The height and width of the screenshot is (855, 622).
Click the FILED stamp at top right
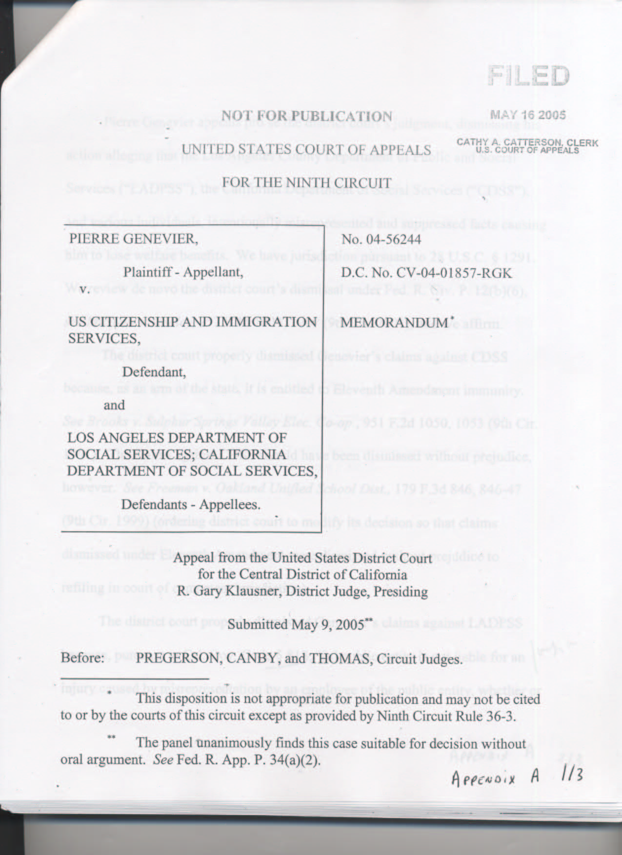point(528,77)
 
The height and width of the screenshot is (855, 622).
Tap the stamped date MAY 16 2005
point(528,115)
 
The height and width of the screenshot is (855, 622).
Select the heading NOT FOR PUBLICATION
point(307,117)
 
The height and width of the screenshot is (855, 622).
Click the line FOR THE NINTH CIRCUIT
point(307,183)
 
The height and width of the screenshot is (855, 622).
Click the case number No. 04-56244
point(381,239)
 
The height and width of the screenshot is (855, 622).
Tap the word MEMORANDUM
point(394,323)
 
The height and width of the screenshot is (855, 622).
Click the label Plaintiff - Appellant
point(183,272)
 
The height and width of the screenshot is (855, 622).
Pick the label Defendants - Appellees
point(191,504)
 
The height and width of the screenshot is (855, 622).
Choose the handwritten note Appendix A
point(496,777)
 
